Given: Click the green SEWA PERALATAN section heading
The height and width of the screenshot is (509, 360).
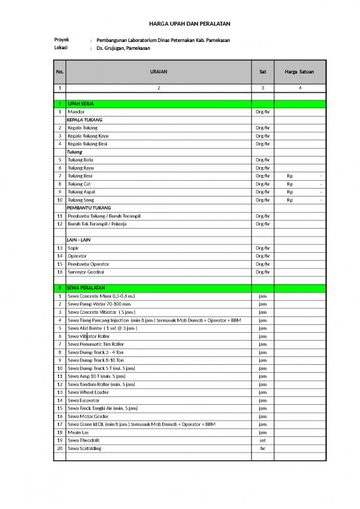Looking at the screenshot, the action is click(86, 288).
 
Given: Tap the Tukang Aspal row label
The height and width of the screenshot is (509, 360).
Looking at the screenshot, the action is click(82, 192).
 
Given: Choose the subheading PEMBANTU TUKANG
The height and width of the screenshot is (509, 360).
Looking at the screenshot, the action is click(89, 208).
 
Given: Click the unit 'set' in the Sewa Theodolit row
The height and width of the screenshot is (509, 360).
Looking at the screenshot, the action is click(262, 440).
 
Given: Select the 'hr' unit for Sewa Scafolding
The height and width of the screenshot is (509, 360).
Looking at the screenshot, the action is click(262, 448).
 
